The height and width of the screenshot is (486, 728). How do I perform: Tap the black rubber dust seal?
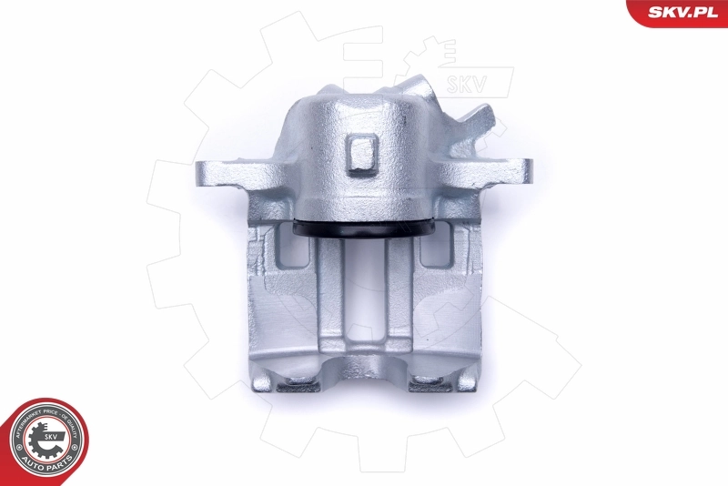coord(363,231)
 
